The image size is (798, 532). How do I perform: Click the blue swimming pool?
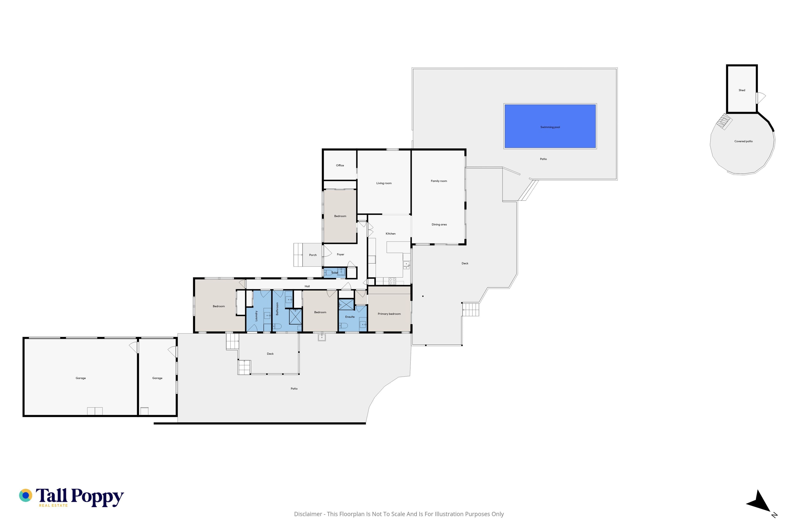click(550, 126)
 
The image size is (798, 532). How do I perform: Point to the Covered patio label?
click(743, 142)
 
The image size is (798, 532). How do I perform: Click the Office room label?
click(340, 166)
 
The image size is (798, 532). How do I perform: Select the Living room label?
click(384, 183)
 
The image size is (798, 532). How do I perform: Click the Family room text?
click(439, 181)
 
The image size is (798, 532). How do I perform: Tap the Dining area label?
click(439, 225)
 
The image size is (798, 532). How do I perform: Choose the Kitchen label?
click(390, 234)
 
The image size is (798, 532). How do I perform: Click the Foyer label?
click(341, 254)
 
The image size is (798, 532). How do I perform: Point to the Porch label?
click(313, 255)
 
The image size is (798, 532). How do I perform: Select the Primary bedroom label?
click(389, 314)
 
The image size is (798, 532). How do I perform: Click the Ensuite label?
click(350, 317)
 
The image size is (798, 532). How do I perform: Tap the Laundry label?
click(256, 316)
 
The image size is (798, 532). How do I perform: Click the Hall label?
click(307, 286)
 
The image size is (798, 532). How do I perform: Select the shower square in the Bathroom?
click(295, 316)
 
